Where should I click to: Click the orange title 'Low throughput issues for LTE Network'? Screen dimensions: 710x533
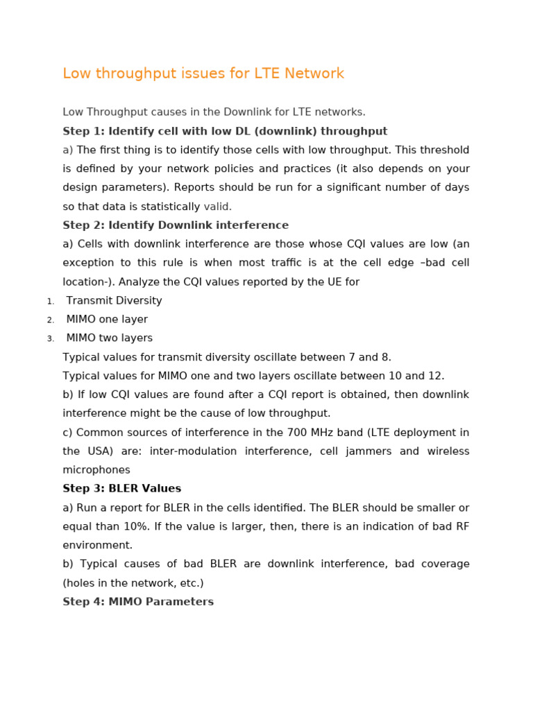pos(203,73)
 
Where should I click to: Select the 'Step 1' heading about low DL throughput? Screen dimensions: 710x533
pos(225,131)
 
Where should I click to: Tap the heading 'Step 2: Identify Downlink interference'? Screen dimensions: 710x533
pos(176,225)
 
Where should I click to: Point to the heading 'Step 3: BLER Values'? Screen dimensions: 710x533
pos(121,489)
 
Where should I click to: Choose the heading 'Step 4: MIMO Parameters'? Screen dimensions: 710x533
pos(138,602)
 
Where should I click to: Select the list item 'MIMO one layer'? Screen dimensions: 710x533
pos(107,320)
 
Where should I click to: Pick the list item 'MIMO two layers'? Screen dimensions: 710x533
pos(109,338)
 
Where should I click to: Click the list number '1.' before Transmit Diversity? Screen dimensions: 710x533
pos(51,302)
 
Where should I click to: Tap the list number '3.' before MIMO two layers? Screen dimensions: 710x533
pos(51,339)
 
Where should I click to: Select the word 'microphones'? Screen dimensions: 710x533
pos(96,470)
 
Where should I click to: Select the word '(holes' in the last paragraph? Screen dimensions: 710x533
pos(80,583)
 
